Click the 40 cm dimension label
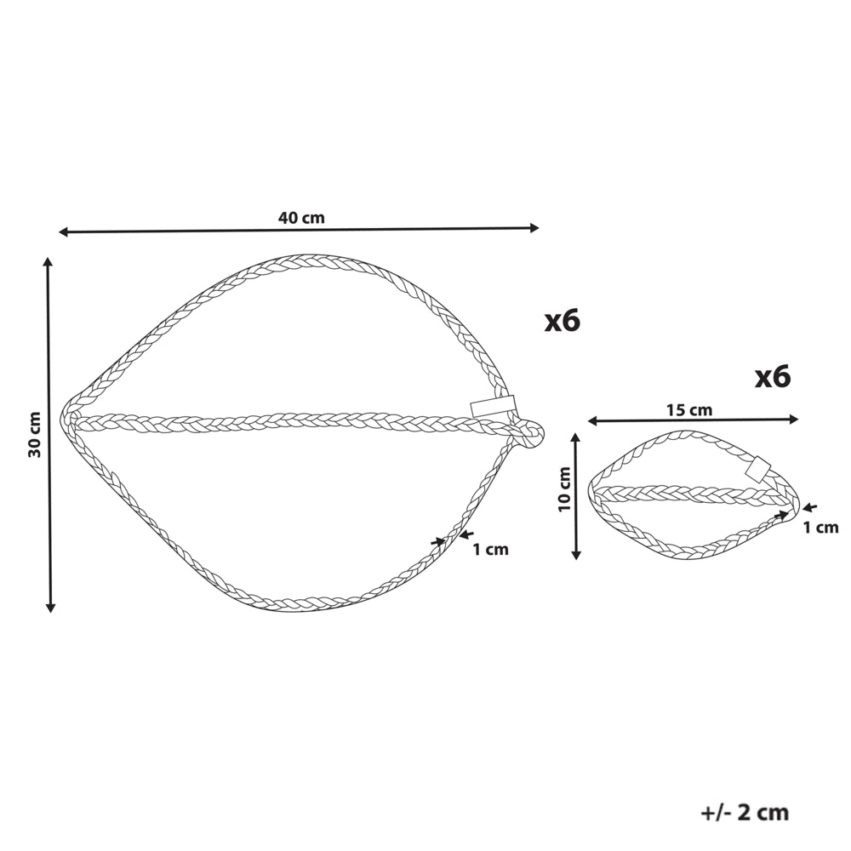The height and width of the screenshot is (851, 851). click(301, 218)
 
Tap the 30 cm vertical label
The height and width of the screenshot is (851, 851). click(35, 435)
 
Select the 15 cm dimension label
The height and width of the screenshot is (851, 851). click(689, 410)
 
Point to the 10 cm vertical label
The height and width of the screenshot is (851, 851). click(564, 489)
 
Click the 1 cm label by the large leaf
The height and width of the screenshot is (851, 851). click(491, 550)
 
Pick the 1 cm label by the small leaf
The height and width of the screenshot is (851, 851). click(820, 527)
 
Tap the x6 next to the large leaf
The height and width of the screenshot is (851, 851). click(563, 321)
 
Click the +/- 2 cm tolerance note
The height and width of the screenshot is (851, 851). click(745, 813)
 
